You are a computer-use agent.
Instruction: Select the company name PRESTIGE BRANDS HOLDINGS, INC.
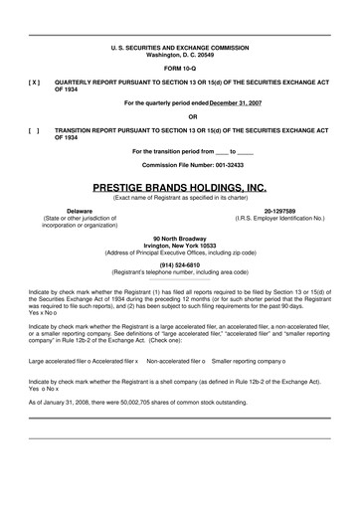pyautogui.click(x=179, y=186)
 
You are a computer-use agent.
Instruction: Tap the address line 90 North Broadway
pyautogui.click(x=179, y=238)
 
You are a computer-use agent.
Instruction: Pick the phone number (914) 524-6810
pyautogui.click(x=179, y=264)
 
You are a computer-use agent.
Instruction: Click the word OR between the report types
pyautogui.click(x=179, y=116)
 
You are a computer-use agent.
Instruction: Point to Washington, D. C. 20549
pyautogui.click(x=179, y=54)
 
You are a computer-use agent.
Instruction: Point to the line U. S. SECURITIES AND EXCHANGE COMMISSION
pyautogui.click(x=179, y=47)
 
